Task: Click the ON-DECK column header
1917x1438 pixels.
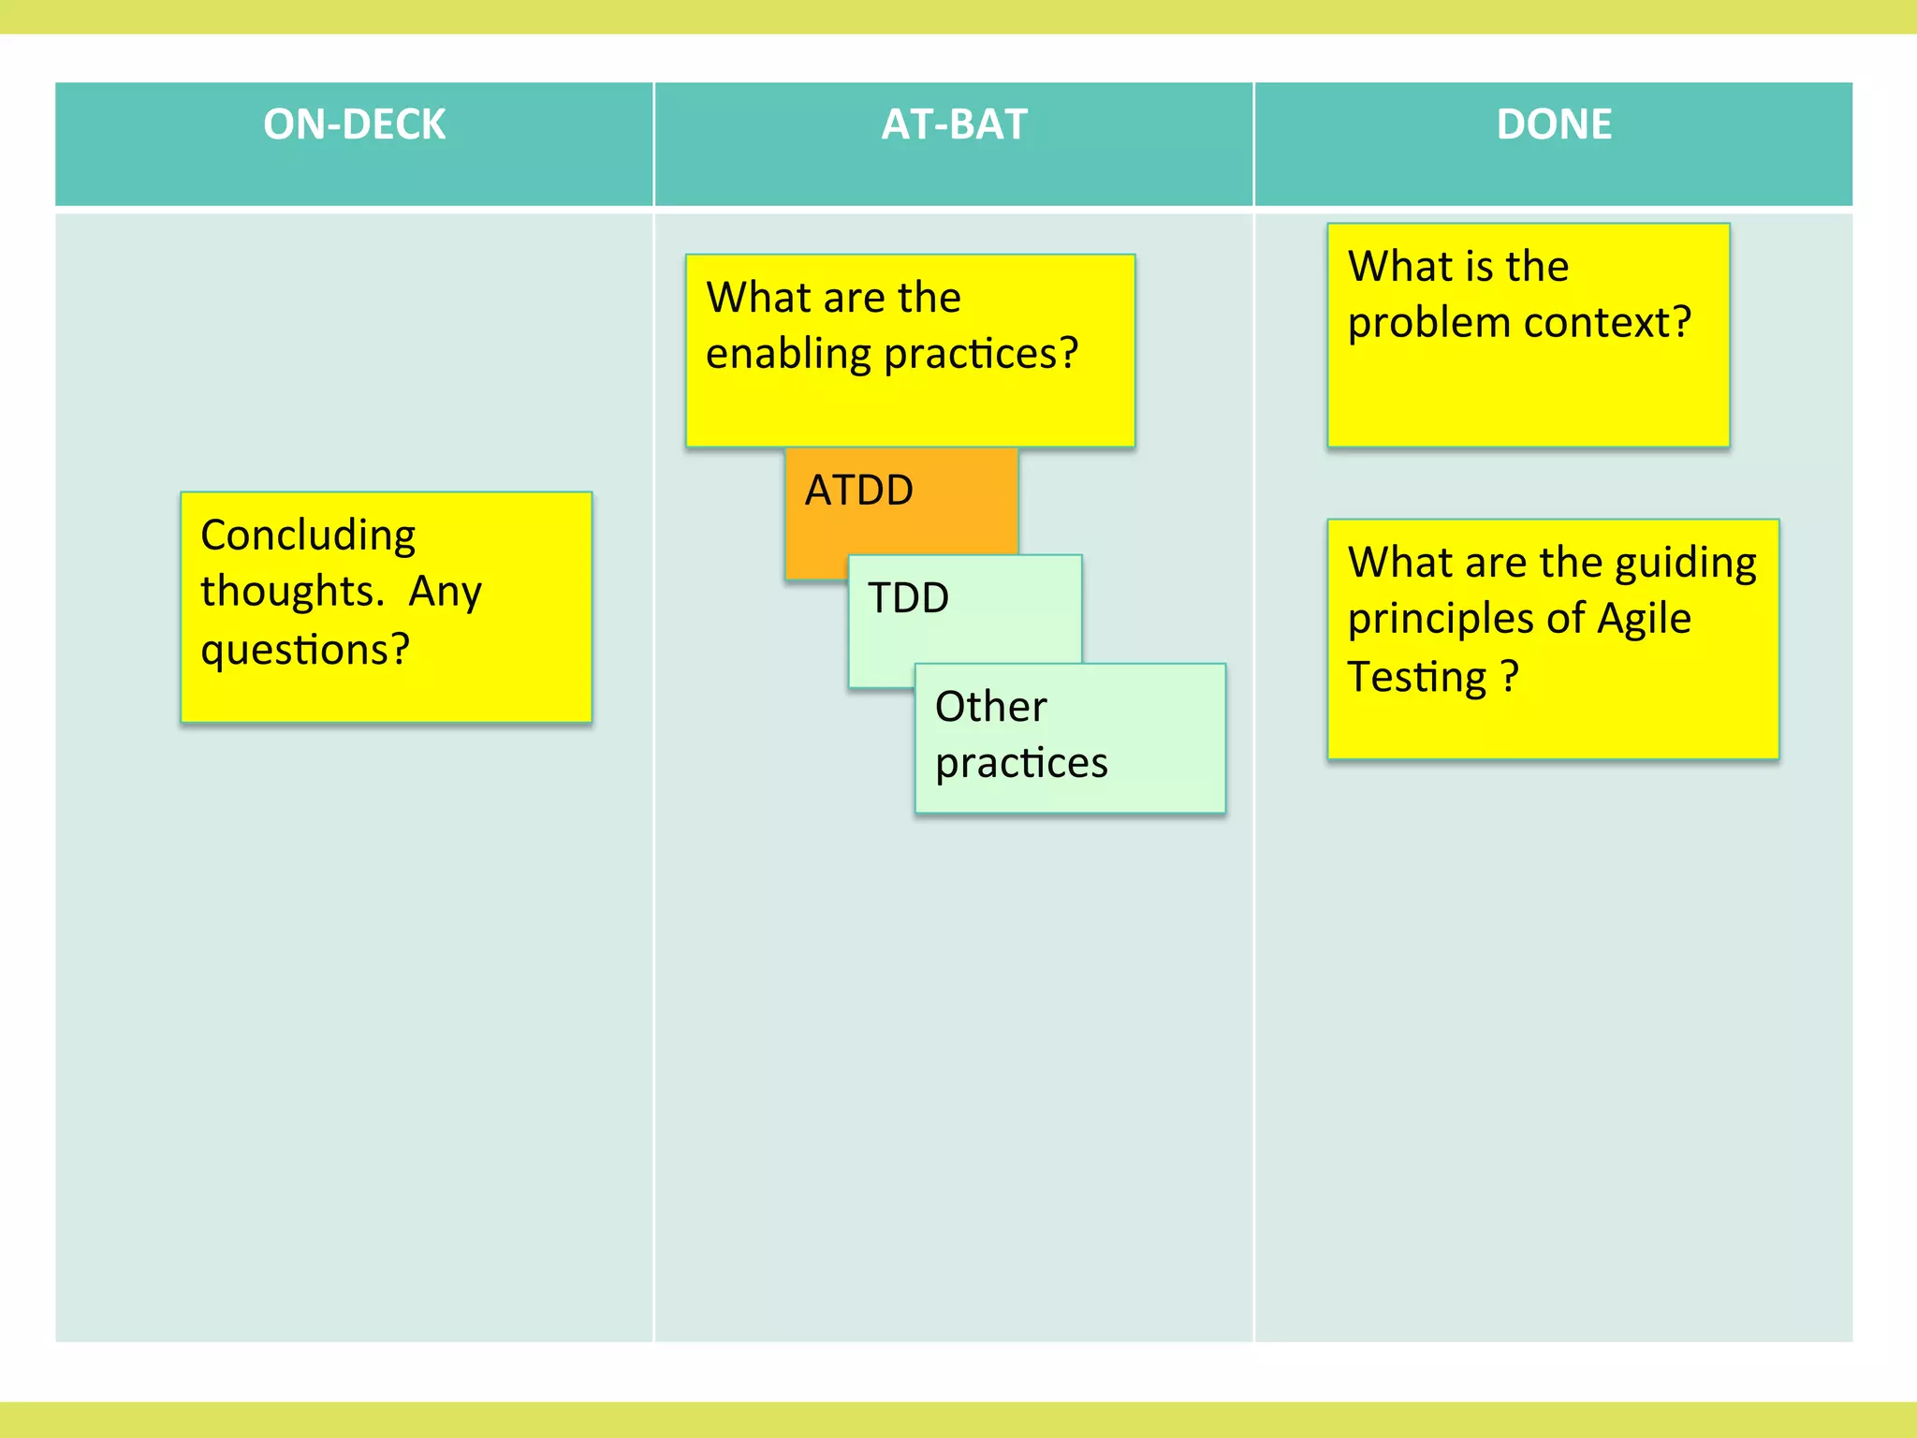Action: coord(354,125)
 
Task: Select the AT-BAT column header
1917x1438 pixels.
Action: coord(954,125)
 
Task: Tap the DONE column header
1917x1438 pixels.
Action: coord(1554,125)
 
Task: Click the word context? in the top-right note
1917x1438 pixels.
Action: coord(1607,323)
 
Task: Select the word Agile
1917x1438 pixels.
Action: coord(1644,620)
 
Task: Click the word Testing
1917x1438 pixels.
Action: coord(1417,678)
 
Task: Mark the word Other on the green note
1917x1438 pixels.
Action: coord(990,707)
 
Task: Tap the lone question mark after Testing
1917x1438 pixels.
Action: coord(1509,677)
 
